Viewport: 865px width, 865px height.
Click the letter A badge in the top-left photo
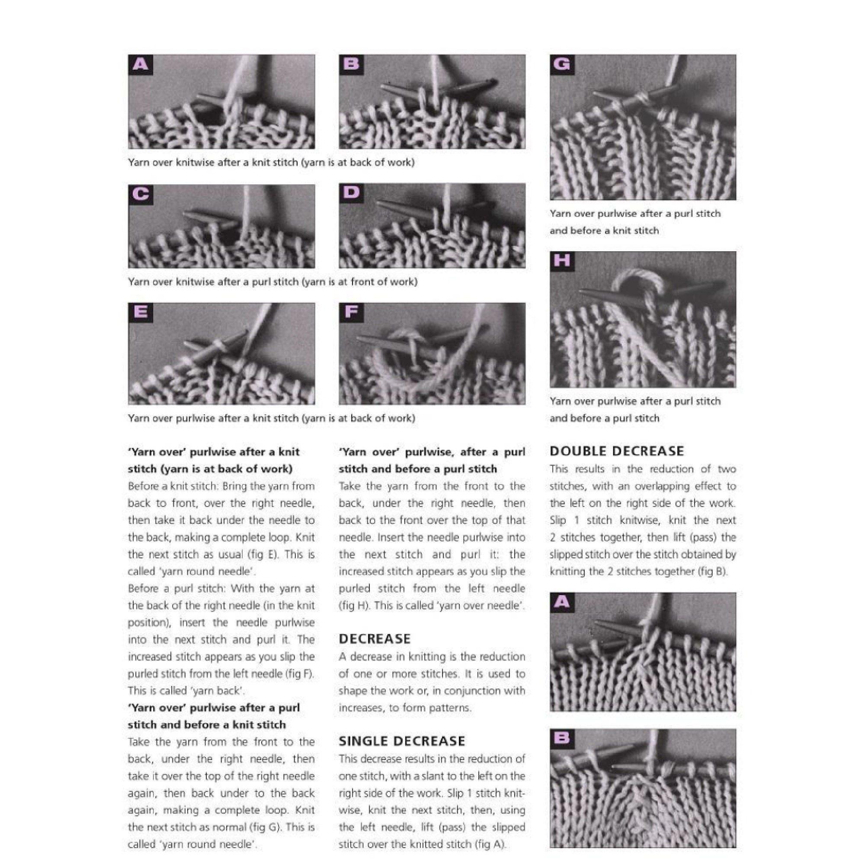pyautogui.click(x=140, y=64)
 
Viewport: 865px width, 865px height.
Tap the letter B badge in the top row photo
pyautogui.click(x=351, y=64)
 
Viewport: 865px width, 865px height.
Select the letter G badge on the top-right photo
pyautogui.click(x=562, y=64)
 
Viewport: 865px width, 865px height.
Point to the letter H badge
pyautogui.click(x=562, y=260)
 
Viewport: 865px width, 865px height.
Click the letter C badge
pyautogui.click(x=140, y=194)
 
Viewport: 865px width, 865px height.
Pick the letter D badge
pyautogui.click(x=351, y=192)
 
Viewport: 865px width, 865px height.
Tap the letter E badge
pyautogui.click(x=140, y=312)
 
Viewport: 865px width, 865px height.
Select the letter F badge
pyautogui.click(x=351, y=312)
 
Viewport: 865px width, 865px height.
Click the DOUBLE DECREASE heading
pyautogui.click(x=616, y=451)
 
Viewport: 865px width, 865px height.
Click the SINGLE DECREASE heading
pyautogui.click(x=402, y=741)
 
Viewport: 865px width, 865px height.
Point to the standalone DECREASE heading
pyautogui.click(x=374, y=639)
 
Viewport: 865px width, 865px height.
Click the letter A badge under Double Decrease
pyautogui.click(x=562, y=602)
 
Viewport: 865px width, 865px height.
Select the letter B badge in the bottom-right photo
pyautogui.click(x=562, y=738)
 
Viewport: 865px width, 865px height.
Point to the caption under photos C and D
pyautogui.click(x=272, y=282)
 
